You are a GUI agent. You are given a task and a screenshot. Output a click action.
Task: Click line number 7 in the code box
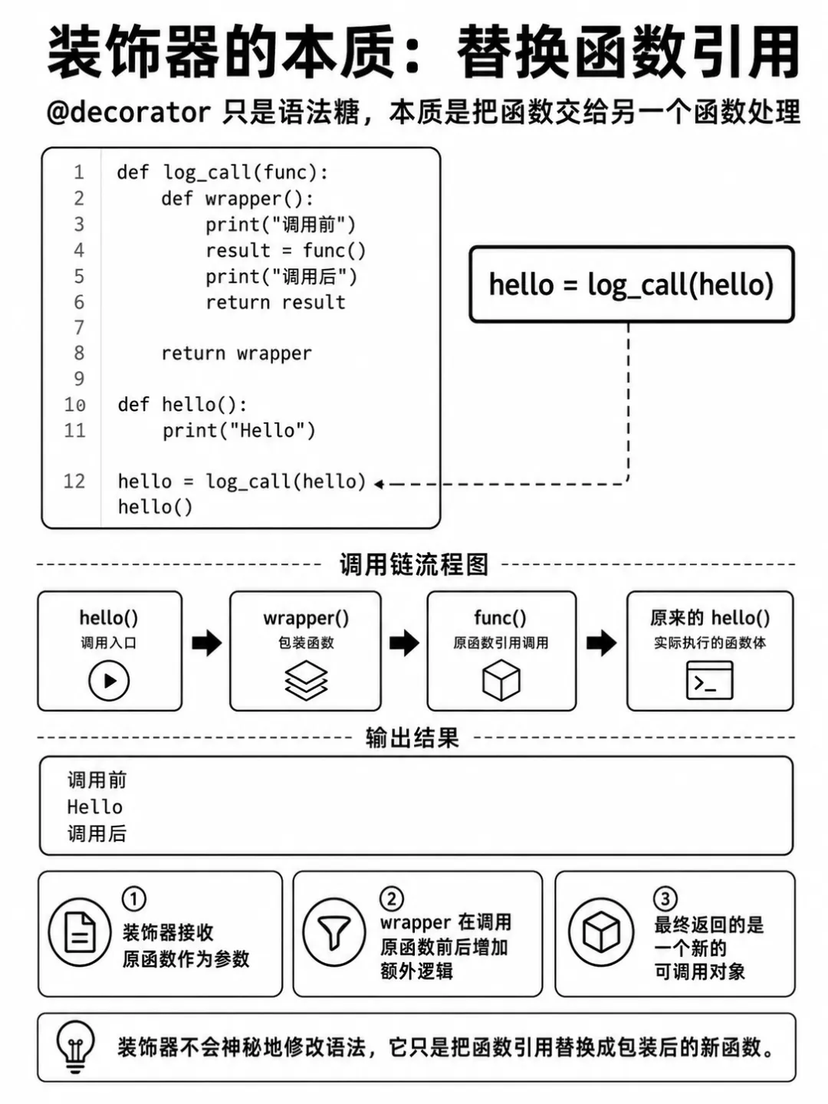pos(79,328)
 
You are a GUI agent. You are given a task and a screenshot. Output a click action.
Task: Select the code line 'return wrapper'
pos(236,354)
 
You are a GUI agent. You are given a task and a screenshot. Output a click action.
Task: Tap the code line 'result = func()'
pos(285,251)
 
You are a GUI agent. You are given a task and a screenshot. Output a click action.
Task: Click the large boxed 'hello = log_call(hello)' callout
pos(632,284)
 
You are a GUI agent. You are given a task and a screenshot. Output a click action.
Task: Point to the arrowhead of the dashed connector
pos(379,484)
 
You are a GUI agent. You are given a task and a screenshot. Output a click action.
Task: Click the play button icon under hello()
pos(109,681)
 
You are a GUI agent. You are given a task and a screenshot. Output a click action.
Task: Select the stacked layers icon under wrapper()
pos(306,680)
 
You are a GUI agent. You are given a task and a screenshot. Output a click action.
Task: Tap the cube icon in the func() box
pos(501,681)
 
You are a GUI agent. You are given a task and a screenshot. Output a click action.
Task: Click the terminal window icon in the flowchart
pos(710,681)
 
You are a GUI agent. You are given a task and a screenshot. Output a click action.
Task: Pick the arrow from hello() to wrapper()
pos(207,642)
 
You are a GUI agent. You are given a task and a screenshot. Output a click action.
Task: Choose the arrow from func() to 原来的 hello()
pos(602,642)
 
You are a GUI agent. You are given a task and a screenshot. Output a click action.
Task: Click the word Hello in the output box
pos(95,807)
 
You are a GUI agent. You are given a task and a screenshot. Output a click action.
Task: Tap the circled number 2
pos(392,899)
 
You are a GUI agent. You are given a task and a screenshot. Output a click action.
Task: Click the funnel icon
pos(334,933)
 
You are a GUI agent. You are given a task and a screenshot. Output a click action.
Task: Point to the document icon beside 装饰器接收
pos(80,932)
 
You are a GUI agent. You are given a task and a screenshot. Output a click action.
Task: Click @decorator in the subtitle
pos(129,112)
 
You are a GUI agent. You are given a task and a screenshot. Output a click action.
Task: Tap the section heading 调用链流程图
pos(414,564)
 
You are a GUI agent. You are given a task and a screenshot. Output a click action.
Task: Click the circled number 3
pos(665,899)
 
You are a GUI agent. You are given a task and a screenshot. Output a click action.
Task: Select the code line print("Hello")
pos(238,431)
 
